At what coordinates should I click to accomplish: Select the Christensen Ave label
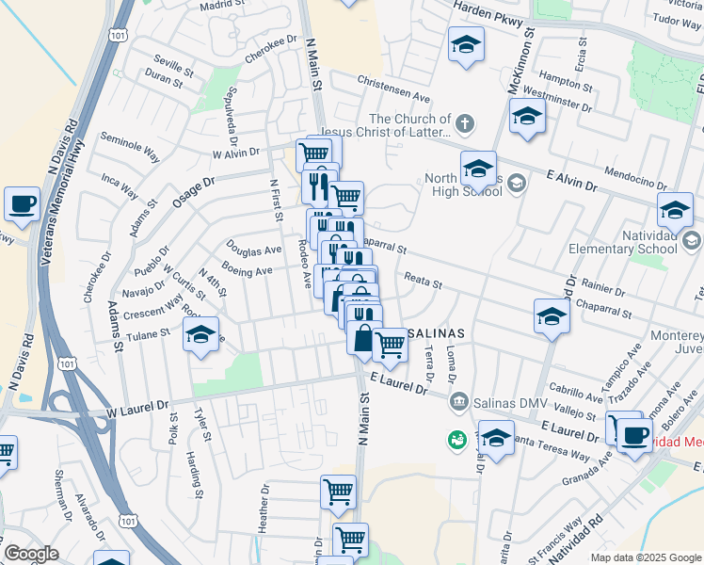click(393, 89)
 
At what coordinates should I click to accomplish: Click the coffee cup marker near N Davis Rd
click(22, 203)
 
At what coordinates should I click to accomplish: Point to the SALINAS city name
click(436, 334)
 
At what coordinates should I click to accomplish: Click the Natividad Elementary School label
click(623, 241)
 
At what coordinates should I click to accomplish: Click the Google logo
click(31, 554)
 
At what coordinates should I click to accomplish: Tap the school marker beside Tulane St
click(200, 336)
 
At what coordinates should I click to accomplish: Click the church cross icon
click(463, 123)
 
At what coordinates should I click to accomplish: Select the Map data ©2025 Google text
click(645, 557)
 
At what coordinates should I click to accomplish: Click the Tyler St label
click(200, 424)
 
